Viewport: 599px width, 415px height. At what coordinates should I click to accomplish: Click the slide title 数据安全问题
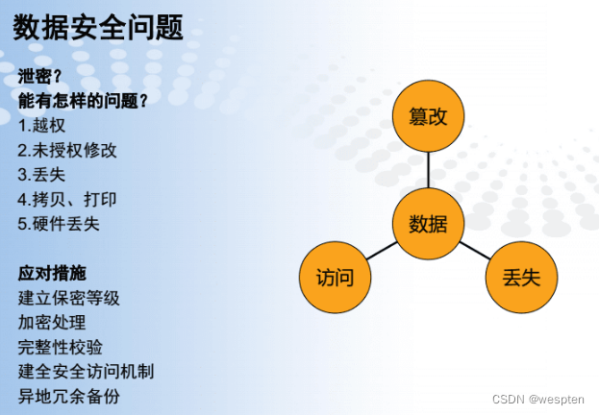point(98,27)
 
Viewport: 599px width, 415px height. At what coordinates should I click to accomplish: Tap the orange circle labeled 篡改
point(428,116)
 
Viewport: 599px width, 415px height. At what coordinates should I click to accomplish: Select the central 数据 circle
point(428,224)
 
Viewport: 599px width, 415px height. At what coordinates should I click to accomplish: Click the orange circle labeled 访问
point(335,278)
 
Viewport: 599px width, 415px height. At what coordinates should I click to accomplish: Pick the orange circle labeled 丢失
point(521,278)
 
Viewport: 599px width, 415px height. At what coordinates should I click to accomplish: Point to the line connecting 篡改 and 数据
point(428,170)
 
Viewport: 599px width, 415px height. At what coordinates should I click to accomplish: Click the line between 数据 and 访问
point(382,251)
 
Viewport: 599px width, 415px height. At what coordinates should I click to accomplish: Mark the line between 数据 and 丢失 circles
point(475,251)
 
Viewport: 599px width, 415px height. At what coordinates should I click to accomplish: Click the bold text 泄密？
point(39,76)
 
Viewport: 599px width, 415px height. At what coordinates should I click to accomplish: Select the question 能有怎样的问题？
point(83,101)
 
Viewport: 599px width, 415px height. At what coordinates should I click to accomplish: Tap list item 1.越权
point(41,126)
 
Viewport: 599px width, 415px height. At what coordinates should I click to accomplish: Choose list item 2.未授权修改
point(67,150)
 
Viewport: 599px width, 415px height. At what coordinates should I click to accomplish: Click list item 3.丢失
point(41,175)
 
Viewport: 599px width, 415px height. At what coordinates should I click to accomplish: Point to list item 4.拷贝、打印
point(67,199)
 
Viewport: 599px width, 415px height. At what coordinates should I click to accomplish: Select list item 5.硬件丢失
point(59,224)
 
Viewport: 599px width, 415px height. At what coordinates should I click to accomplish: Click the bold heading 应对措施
point(52,274)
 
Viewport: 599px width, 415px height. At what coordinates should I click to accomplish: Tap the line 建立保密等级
point(69,298)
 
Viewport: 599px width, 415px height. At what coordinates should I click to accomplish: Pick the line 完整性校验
point(61,347)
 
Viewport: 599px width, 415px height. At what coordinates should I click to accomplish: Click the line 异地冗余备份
point(69,397)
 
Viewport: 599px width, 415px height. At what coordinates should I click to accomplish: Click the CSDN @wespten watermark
point(538,400)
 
